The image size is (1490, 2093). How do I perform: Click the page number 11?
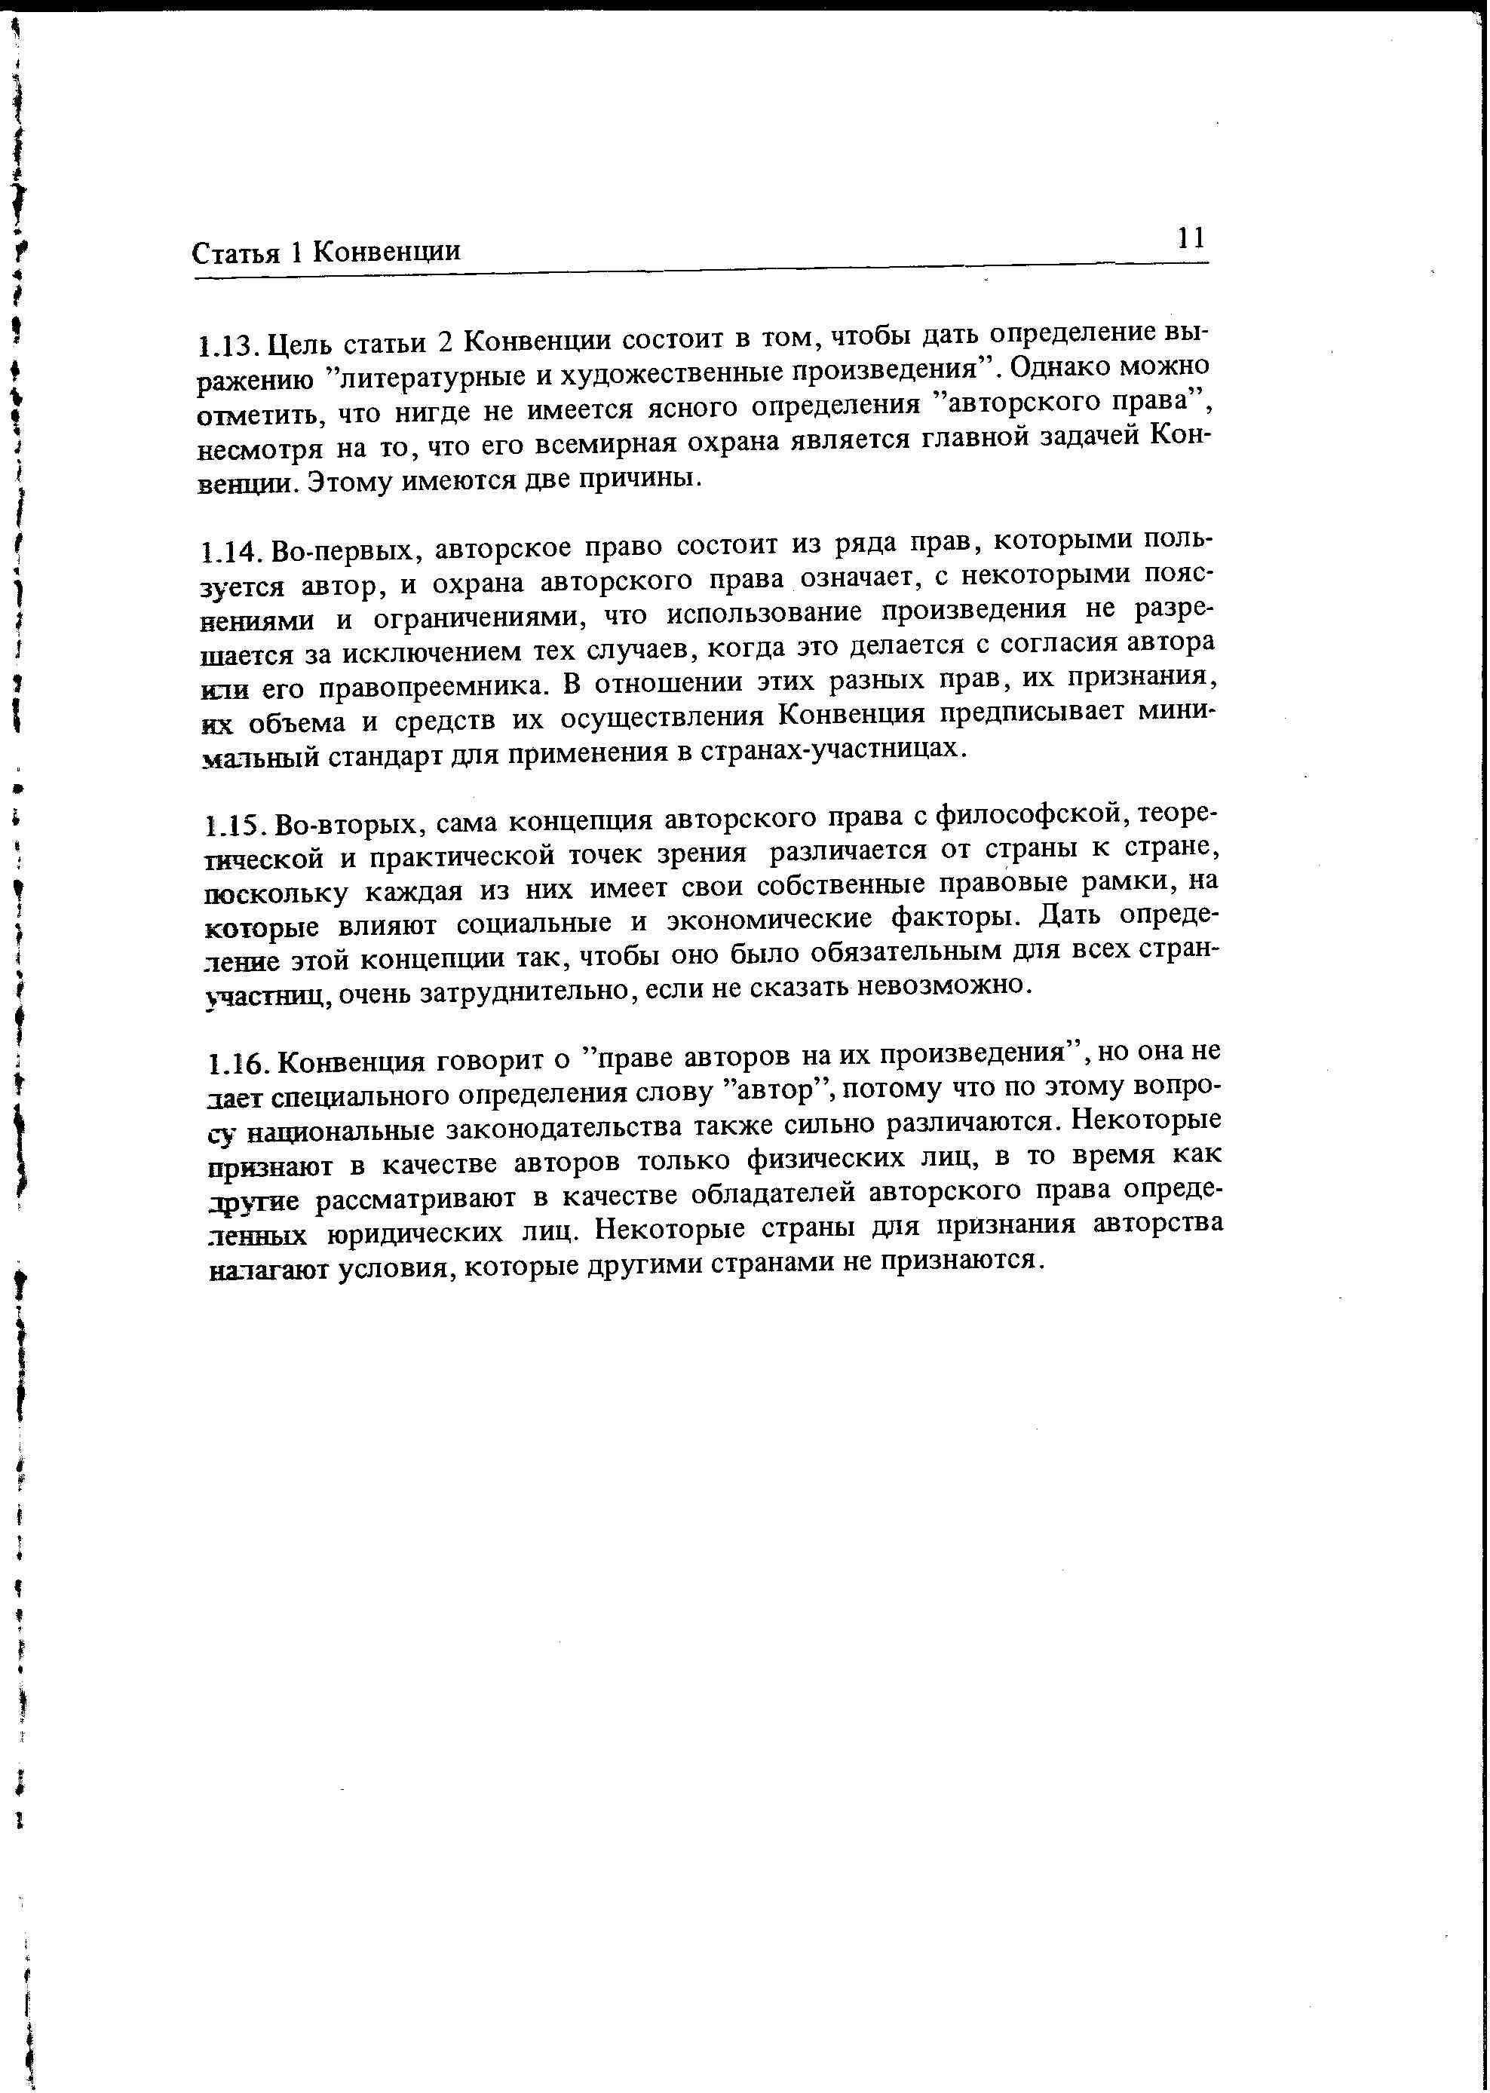pos(1190,238)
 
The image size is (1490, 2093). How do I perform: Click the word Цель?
pos(293,346)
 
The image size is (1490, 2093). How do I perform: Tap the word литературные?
pos(441,376)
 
